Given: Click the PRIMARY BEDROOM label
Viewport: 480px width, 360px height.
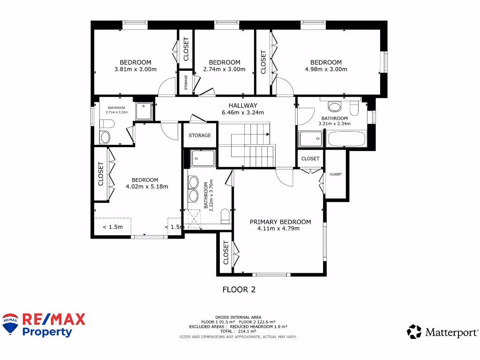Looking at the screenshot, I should pyautogui.click(x=280, y=222).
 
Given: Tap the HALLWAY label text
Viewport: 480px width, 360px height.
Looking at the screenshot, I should pyautogui.click(x=242, y=105).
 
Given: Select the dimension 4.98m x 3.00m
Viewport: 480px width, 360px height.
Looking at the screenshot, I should pyautogui.click(x=326, y=69).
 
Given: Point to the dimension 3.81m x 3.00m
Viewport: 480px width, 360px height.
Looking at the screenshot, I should pyautogui.click(x=135, y=69).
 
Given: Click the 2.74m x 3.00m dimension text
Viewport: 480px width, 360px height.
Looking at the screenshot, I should pyautogui.click(x=224, y=69).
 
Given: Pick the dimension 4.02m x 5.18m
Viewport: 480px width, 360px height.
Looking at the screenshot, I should pyautogui.click(x=147, y=187).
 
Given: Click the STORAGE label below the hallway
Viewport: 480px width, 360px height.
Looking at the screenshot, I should pyautogui.click(x=200, y=135).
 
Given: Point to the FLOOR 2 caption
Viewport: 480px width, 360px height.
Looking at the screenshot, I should pyautogui.click(x=239, y=290).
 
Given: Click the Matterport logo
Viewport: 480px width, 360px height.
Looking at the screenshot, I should pyautogui.click(x=442, y=332).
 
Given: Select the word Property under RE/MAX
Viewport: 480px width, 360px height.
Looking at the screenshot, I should pyautogui.click(x=48, y=332).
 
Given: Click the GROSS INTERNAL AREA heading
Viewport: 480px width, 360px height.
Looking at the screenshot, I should pyautogui.click(x=238, y=317).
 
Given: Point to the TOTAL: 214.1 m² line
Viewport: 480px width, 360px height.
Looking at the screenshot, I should pyautogui.click(x=238, y=331).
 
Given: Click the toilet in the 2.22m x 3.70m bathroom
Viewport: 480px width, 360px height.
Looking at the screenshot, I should pyautogui.click(x=225, y=215).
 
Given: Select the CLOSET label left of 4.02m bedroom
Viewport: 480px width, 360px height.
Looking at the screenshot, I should pyautogui.click(x=101, y=173).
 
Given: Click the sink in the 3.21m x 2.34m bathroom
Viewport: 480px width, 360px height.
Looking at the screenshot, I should pyautogui.click(x=335, y=106).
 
